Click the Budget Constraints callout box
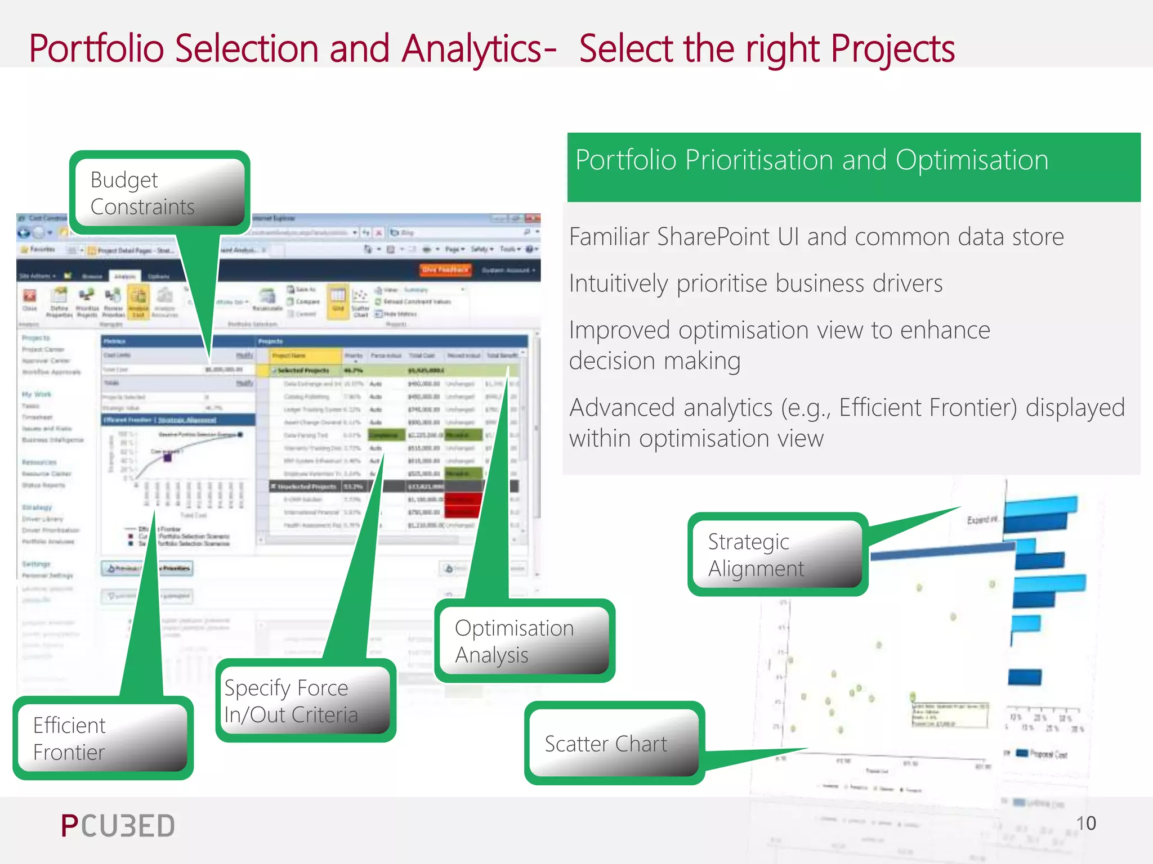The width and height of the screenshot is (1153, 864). click(x=159, y=193)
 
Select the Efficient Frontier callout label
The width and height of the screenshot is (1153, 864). click(x=103, y=738)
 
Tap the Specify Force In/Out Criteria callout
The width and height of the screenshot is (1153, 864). click(x=306, y=701)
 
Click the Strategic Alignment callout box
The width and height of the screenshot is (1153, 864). click(x=777, y=555)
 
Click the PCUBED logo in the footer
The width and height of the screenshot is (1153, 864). click(x=118, y=826)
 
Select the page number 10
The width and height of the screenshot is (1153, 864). click(x=1085, y=823)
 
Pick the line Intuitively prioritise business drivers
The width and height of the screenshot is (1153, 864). click(x=756, y=283)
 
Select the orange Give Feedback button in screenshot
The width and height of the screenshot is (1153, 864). click(x=445, y=270)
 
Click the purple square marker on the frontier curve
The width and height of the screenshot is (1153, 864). click(x=167, y=458)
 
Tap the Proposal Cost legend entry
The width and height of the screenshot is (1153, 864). click(x=1047, y=754)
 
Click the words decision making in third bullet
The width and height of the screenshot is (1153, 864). click(x=654, y=361)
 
